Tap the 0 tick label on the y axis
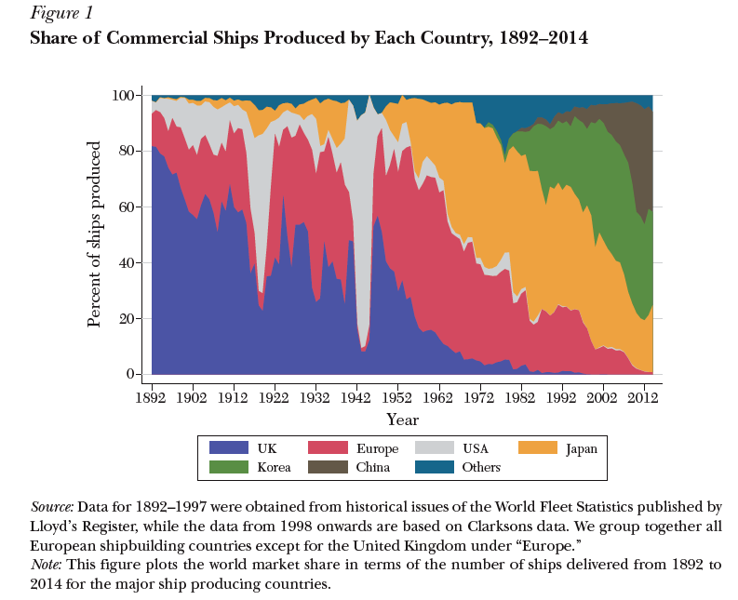coord(132,375)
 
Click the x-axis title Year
coord(402,419)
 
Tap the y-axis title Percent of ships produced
coord(94,234)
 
